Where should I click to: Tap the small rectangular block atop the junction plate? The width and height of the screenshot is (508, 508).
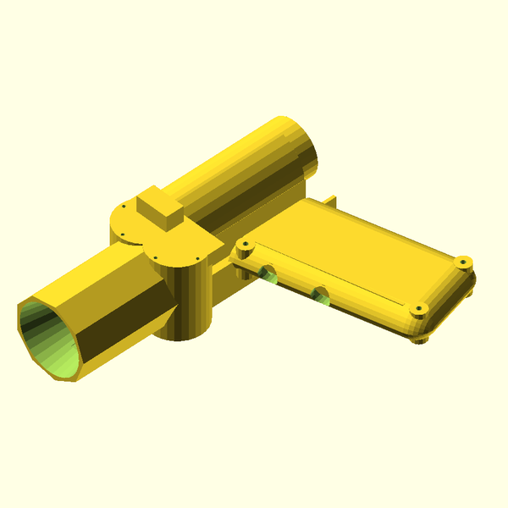tap(160, 208)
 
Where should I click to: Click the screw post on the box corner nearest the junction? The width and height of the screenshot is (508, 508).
tap(245, 245)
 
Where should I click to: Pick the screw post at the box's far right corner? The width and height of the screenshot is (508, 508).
tap(464, 260)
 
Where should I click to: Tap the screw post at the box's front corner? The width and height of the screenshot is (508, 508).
tap(417, 310)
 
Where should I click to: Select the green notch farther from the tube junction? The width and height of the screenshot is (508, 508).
tap(320, 294)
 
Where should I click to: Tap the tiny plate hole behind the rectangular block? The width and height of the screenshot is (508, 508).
tap(124, 206)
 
